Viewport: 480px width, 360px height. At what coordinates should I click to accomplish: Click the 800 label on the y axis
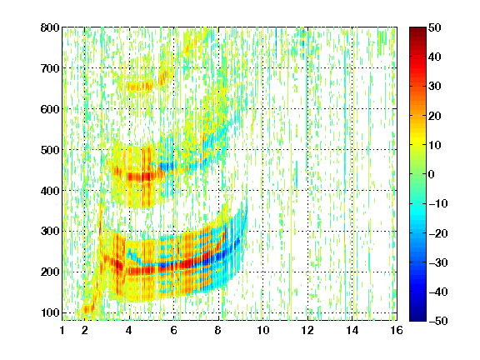pyautogui.click(x=50, y=27)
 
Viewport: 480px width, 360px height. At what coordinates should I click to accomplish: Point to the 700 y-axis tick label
pyautogui.click(x=50, y=68)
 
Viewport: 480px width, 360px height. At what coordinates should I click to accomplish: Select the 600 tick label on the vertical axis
pyautogui.click(x=50, y=109)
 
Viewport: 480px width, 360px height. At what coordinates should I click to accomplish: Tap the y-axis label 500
pyautogui.click(x=50, y=150)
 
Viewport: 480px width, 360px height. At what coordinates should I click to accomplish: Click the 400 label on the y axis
pyautogui.click(x=50, y=191)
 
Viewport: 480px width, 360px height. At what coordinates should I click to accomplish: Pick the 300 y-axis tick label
pyautogui.click(x=50, y=231)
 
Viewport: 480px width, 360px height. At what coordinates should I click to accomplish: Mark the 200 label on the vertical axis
pyautogui.click(x=50, y=272)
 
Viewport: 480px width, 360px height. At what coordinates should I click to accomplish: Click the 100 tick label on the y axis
pyautogui.click(x=50, y=312)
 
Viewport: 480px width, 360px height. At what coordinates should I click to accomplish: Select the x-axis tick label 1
pyautogui.click(x=62, y=330)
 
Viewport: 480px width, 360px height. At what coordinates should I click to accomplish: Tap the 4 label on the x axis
pyautogui.click(x=129, y=330)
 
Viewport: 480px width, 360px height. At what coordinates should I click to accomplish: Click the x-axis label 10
pyautogui.click(x=263, y=330)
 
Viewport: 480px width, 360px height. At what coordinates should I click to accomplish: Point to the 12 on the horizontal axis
pyautogui.click(x=307, y=330)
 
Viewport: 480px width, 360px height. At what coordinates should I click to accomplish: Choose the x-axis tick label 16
pyautogui.click(x=397, y=330)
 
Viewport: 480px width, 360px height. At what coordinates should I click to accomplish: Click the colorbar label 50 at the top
pyautogui.click(x=435, y=27)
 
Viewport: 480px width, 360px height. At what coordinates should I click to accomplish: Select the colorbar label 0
pyautogui.click(x=432, y=174)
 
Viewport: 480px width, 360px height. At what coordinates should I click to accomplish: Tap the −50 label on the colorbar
pyautogui.click(x=438, y=321)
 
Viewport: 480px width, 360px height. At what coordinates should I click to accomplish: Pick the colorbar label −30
pyautogui.click(x=438, y=262)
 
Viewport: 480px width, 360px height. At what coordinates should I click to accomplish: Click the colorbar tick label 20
pyautogui.click(x=435, y=116)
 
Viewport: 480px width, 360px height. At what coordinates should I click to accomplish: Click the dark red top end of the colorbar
pyautogui.click(x=417, y=29)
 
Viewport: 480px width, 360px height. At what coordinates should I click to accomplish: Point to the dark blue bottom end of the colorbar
pyautogui.click(x=417, y=319)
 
